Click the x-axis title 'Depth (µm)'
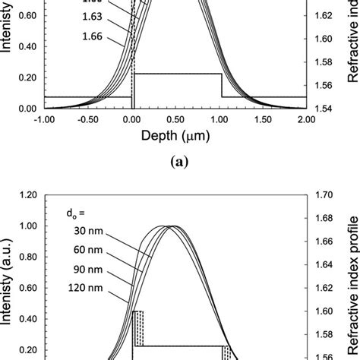coord(175,137)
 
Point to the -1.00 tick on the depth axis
coord(43,119)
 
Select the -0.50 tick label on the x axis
coord(87,119)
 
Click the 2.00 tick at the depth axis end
coord(306,119)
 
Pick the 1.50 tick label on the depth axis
coord(263,119)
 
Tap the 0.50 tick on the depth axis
coord(175,119)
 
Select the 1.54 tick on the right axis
coord(325,109)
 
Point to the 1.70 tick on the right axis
coord(325,195)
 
